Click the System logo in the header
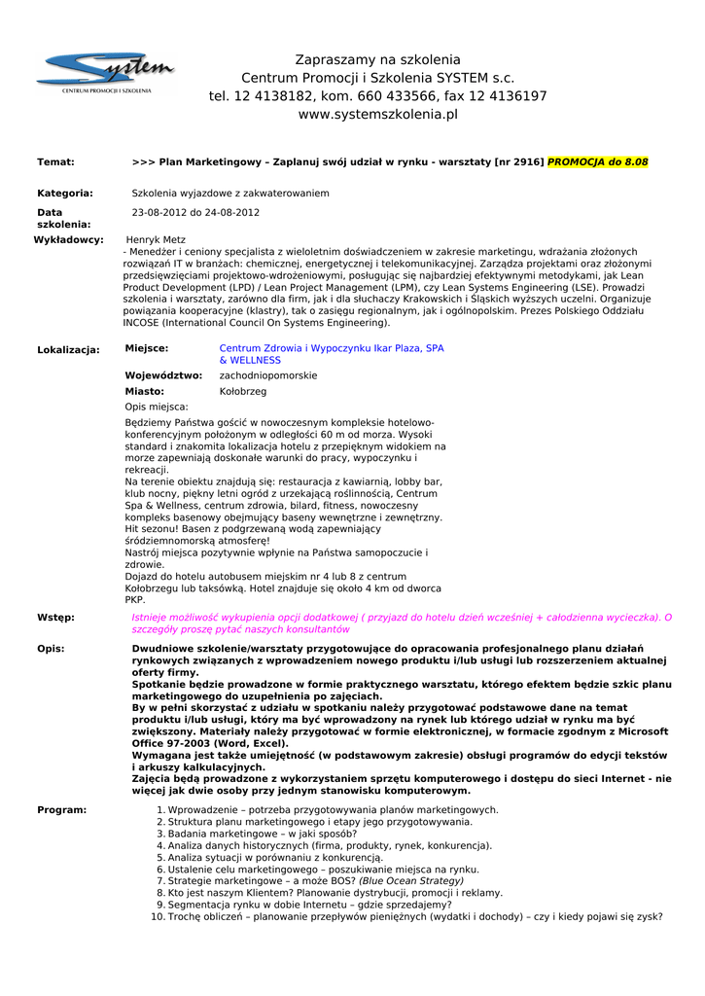pos(106,73)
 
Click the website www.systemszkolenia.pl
pos(377,115)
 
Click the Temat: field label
pos(55,161)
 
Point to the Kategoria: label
pos(65,194)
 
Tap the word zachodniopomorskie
pos(268,375)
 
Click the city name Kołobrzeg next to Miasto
pos(243,391)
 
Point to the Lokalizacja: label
pos(68,349)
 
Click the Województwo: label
pos(163,375)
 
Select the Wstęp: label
pos(55,618)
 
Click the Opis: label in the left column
pos(51,648)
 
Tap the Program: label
pos(61,809)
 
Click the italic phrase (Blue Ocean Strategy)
pos(411,880)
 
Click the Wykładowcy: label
pos(68,239)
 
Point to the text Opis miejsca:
pos(157,407)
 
